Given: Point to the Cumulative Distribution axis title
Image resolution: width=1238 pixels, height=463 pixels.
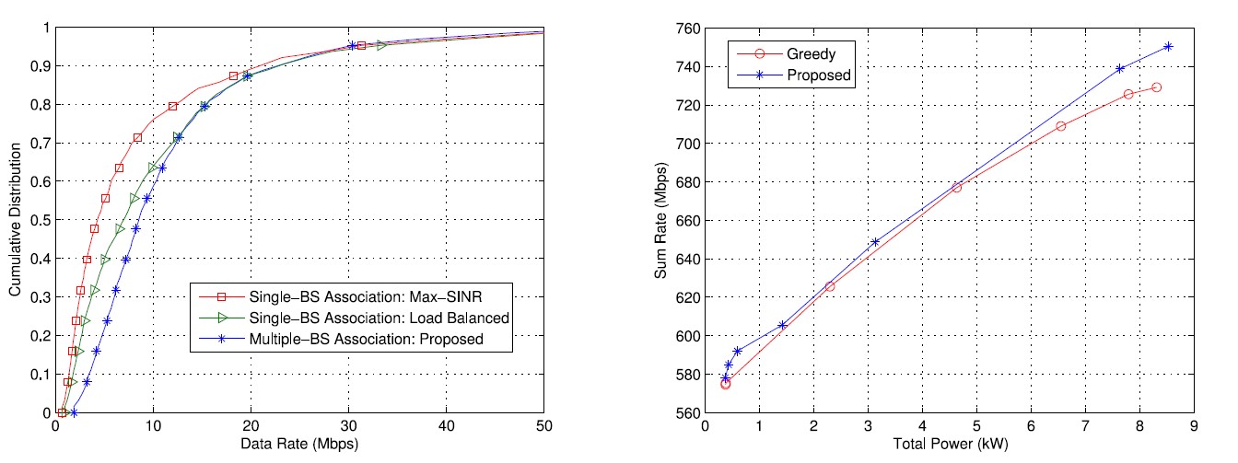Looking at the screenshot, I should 16,221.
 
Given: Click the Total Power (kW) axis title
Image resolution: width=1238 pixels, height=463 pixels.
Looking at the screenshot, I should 949,446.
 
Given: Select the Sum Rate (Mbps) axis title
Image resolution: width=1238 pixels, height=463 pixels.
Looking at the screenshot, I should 661,221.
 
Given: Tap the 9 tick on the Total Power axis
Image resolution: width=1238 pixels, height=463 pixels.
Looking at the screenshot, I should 1194,427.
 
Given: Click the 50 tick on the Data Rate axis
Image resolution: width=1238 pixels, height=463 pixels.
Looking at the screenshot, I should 543,427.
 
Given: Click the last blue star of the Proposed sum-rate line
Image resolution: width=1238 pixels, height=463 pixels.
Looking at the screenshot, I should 1168,46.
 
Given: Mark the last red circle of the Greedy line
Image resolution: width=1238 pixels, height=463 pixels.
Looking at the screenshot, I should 1156,87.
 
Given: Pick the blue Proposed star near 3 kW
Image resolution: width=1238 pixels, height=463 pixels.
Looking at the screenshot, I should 875,242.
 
